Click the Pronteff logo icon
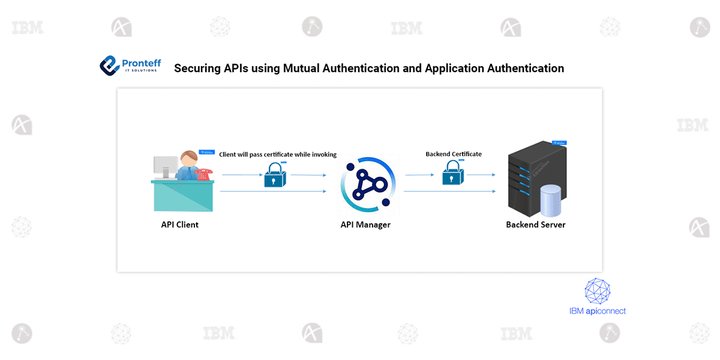pyautogui.click(x=110, y=65)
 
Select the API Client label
pyautogui.click(x=179, y=224)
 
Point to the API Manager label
pyautogui.click(x=365, y=224)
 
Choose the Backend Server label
pyautogui.click(x=535, y=224)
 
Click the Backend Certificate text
pyautogui.click(x=454, y=154)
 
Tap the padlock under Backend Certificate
pyautogui.click(x=454, y=174)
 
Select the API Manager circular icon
pyautogui.click(x=367, y=184)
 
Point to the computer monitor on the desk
pyautogui.click(x=166, y=166)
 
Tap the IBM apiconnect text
pyautogui.click(x=597, y=311)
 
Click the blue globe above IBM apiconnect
pyautogui.click(x=598, y=290)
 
